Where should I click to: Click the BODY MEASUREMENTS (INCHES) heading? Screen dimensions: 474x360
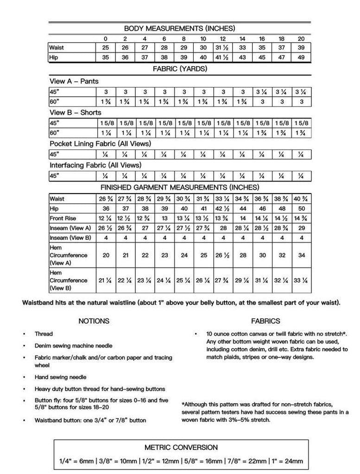[179, 29]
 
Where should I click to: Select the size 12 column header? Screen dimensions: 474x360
[223, 39]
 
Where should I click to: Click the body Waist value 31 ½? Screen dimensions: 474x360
[223, 48]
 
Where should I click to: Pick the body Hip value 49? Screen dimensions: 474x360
[301, 57]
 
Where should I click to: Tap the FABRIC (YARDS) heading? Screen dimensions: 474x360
[180, 69]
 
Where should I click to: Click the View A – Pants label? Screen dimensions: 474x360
[74, 81]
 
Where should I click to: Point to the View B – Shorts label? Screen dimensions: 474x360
[76, 112]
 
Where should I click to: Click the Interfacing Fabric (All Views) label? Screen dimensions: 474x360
[95, 165]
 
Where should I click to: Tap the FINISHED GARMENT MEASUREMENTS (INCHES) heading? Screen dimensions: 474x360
[180, 187]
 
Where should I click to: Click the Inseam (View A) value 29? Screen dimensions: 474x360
[301, 228]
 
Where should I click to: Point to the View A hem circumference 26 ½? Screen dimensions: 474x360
[223, 255]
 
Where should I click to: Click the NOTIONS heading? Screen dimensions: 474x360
[94, 321]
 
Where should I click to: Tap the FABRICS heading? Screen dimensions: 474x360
[265, 321]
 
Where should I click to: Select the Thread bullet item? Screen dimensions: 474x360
[44, 334]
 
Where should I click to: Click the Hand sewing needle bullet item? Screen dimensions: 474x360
[60, 377]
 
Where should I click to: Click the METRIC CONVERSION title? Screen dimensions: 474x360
[181, 448]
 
